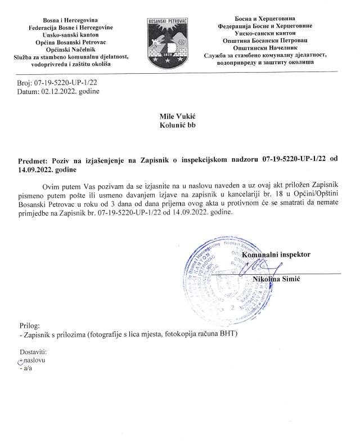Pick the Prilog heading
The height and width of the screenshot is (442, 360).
tap(30, 325)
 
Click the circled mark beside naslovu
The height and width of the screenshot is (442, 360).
tap(21, 361)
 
